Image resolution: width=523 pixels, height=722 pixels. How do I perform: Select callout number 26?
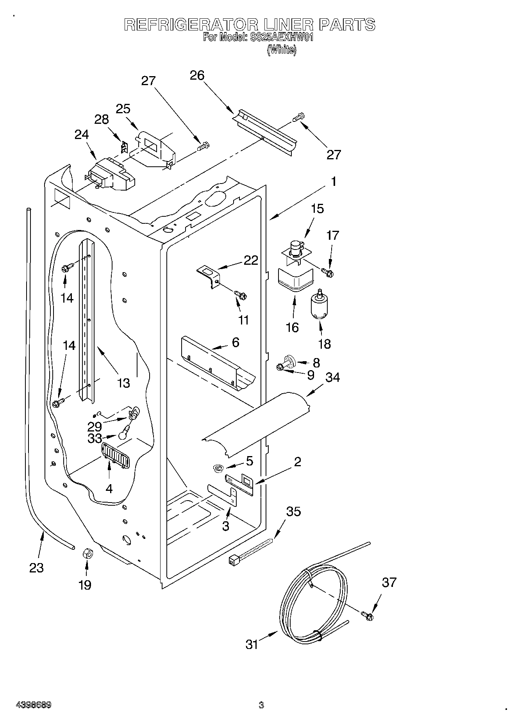point(197,75)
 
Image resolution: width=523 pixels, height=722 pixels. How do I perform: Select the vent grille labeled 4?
point(115,455)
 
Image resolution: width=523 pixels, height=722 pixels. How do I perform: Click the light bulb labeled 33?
point(124,433)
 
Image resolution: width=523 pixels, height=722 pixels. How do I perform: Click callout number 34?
point(332,378)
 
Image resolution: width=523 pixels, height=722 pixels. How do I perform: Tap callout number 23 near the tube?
point(36,567)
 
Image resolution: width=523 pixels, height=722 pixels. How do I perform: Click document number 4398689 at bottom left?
point(34,705)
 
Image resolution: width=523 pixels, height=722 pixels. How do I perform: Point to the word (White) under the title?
point(281,50)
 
